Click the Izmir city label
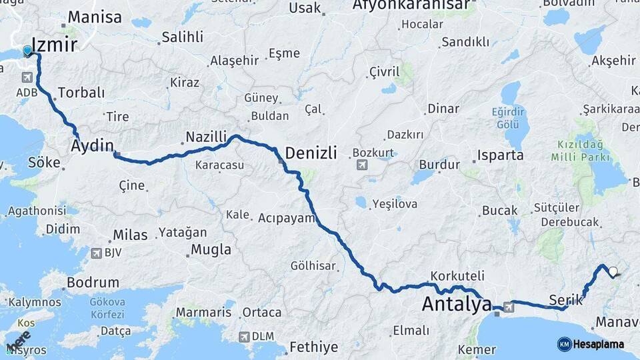point(55,45)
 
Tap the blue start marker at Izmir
point(27,51)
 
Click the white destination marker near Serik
point(613,272)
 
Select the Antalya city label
point(457,305)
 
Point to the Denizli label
point(311,152)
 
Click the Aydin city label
point(93,145)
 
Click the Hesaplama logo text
point(599,344)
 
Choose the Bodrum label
point(93,283)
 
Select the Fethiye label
point(313,347)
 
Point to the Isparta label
point(500,155)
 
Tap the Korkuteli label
point(457,275)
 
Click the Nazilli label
point(206,136)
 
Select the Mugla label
point(211,250)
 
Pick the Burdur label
point(439,164)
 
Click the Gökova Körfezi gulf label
point(107,307)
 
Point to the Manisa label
point(95,17)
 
